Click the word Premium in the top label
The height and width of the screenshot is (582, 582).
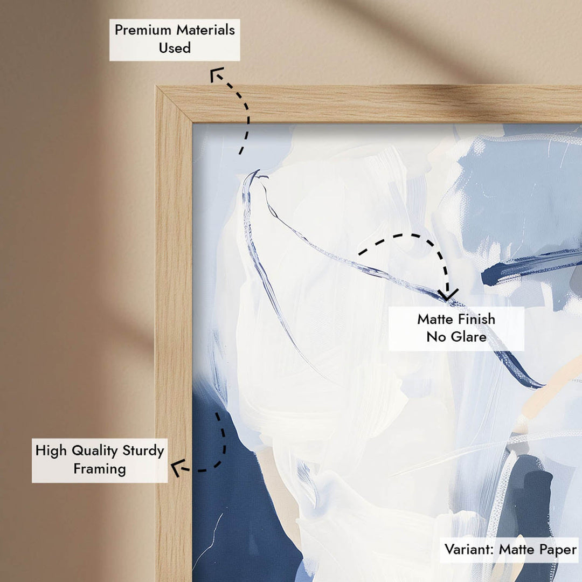143,30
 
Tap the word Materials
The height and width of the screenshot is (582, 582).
205,30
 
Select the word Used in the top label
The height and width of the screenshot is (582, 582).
175,47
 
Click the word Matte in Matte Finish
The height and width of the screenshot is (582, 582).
433,319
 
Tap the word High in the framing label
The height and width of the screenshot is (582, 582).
51,451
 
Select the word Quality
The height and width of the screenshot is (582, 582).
95,451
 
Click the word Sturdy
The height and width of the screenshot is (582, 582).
143,451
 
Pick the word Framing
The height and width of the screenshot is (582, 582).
100,469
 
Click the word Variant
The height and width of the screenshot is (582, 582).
469,549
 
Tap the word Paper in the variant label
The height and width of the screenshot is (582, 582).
558,550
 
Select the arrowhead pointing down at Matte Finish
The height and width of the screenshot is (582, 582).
448,295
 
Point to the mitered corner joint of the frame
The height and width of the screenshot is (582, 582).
174,105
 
